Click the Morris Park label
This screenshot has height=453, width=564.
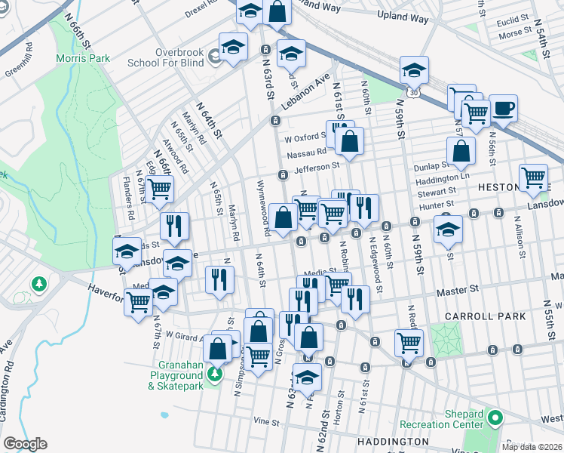[83, 58]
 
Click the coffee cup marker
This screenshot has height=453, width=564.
[503, 108]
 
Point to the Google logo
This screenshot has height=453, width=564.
[25, 444]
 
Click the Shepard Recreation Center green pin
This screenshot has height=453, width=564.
[495, 417]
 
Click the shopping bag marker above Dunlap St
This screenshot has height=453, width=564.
[461, 152]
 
